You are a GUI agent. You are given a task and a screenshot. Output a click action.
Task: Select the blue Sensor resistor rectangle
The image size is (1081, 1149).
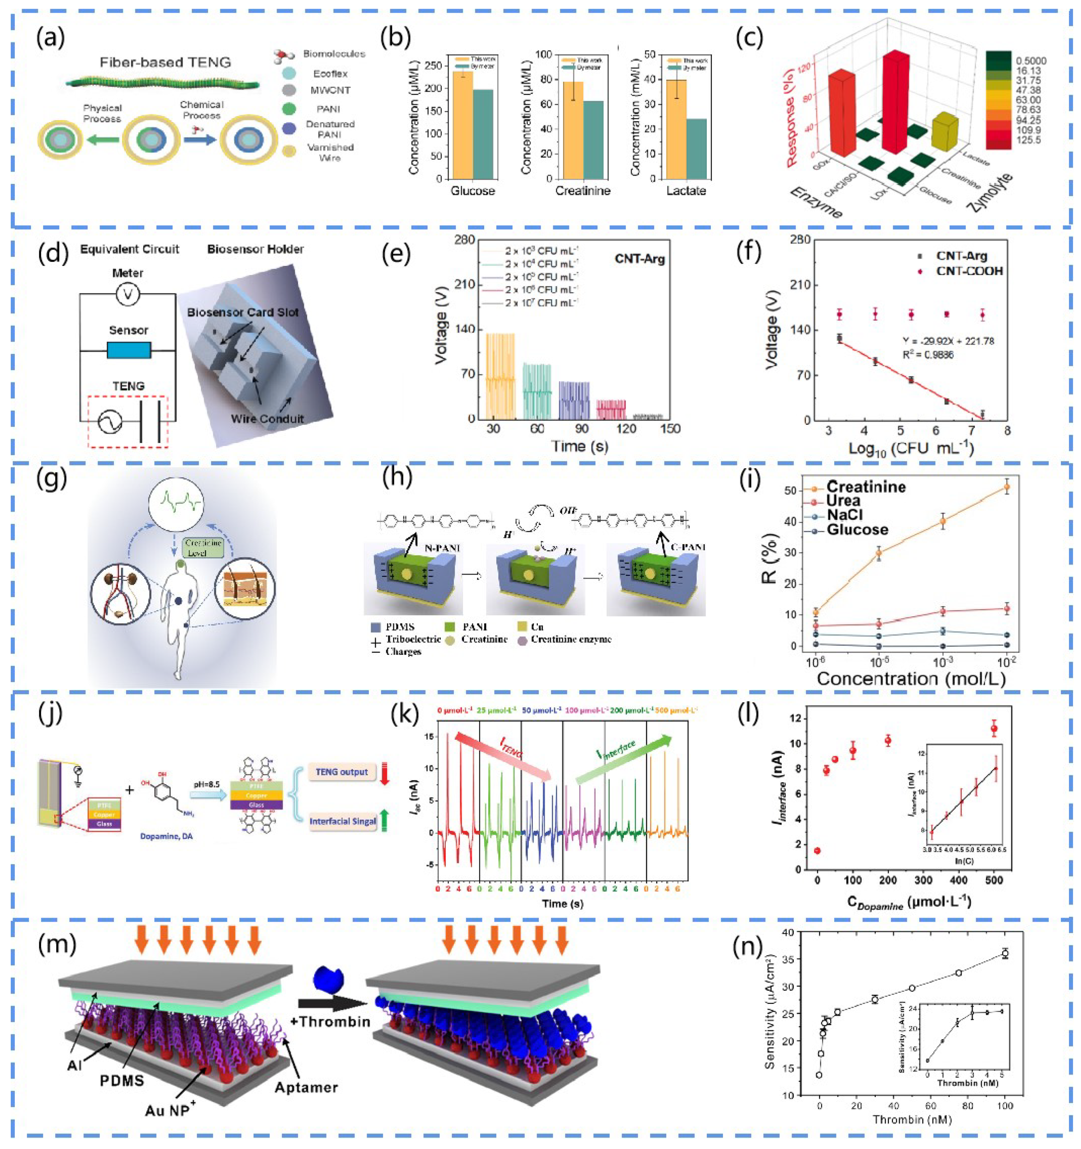(129, 350)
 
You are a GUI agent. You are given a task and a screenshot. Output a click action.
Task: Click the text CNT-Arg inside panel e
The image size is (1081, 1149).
(640, 259)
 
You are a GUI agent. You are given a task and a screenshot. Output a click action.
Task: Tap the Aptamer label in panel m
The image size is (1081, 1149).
(306, 1087)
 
